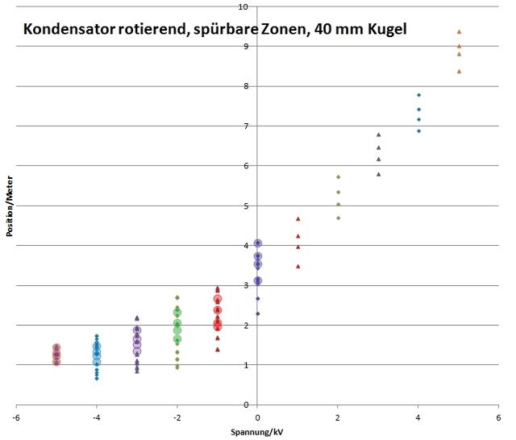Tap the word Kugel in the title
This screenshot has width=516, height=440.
[x=385, y=30]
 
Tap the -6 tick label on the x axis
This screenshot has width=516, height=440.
[x=16, y=417]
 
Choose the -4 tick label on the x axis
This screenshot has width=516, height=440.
[x=97, y=417]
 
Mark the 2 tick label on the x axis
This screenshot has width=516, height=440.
[x=338, y=417]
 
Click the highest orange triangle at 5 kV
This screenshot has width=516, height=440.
[x=459, y=31]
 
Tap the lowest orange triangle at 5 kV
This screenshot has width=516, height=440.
[x=459, y=71]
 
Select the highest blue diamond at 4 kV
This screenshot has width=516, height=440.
[x=418, y=95]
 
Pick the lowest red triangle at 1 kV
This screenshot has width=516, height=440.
[x=298, y=266]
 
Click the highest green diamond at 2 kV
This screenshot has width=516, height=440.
[x=338, y=176]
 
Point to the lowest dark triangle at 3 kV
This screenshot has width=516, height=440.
[x=378, y=174]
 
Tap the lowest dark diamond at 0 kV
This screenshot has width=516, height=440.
[x=257, y=313]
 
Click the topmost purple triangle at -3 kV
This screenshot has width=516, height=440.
[x=137, y=318]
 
